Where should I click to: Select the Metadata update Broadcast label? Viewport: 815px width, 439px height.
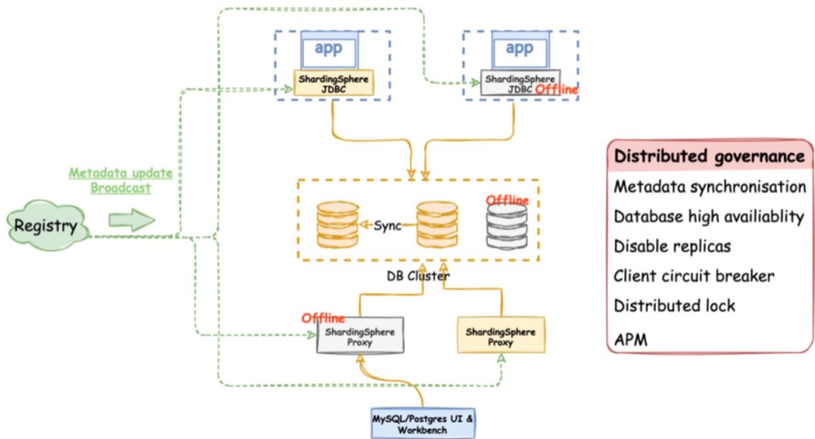tap(121, 180)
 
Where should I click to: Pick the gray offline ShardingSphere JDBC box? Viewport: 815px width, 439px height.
tap(520, 83)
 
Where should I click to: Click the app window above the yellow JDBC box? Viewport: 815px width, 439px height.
tap(330, 50)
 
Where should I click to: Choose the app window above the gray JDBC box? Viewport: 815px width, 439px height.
tap(520, 50)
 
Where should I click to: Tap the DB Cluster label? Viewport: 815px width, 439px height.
tap(418, 276)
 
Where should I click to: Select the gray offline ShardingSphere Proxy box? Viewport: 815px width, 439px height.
tap(360, 337)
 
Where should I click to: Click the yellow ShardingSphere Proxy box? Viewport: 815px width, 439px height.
tap(501, 337)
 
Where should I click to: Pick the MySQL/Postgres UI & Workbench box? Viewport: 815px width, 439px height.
tap(424, 422)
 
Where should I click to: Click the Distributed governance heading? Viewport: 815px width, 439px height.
tap(709, 156)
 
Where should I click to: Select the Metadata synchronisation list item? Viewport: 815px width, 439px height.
tap(710, 186)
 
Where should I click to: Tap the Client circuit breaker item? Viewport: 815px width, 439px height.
tap(694, 276)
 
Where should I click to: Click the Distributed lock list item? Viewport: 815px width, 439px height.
tap(674, 306)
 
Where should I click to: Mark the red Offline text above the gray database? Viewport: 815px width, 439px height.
tap(507, 200)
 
